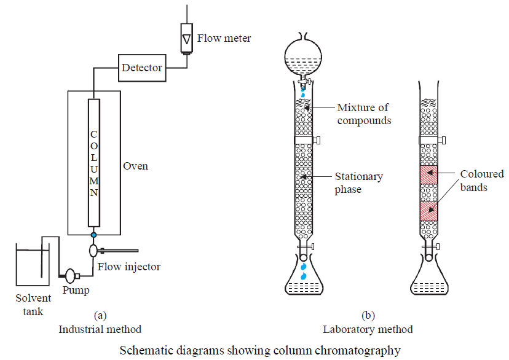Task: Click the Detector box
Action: pyautogui.click(x=142, y=67)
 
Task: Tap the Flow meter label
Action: pyautogui.click(x=224, y=39)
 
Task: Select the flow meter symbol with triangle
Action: pyautogui.click(x=186, y=39)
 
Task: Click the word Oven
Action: pyautogui.click(x=136, y=166)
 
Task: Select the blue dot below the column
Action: pyautogui.click(x=93, y=235)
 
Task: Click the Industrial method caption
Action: pyautogui.click(x=100, y=329)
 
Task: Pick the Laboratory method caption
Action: pyautogui.click(x=368, y=329)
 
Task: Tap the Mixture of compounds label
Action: pyautogui.click(x=364, y=114)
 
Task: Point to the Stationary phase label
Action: pyautogui.click(x=359, y=183)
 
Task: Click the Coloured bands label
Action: pyautogui.click(x=482, y=181)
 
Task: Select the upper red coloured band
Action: pyautogui.click(x=428, y=175)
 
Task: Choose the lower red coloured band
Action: pyautogui.click(x=428, y=211)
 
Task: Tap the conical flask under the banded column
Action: pyautogui.click(x=428, y=283)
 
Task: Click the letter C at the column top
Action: pyautogui.click(x=93, y=135)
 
